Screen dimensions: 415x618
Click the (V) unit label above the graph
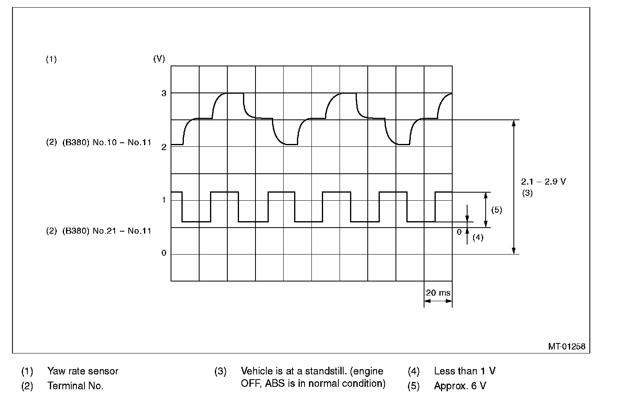pos(159,59)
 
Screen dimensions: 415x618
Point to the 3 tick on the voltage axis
pos(164,93)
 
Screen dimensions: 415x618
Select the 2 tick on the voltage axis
pos(164,147)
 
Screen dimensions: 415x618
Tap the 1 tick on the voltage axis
pos(164,200)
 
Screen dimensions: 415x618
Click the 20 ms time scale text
pos(438,292)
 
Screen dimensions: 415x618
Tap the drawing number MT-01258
pos(566,346)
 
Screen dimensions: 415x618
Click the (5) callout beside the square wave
pos(496,210)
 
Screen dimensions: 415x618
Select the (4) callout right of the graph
pos(478,237)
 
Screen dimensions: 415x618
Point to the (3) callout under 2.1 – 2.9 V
pos(527,193)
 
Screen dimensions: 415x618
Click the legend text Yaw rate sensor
pos(83,371)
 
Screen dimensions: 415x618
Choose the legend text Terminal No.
pos(75,386)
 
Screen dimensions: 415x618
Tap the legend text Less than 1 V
pos(465,371)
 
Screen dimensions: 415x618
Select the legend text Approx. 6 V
pos(460,386)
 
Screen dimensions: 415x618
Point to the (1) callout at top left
pos(51,60)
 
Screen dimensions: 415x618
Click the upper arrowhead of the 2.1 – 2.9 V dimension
pos(513,123)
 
